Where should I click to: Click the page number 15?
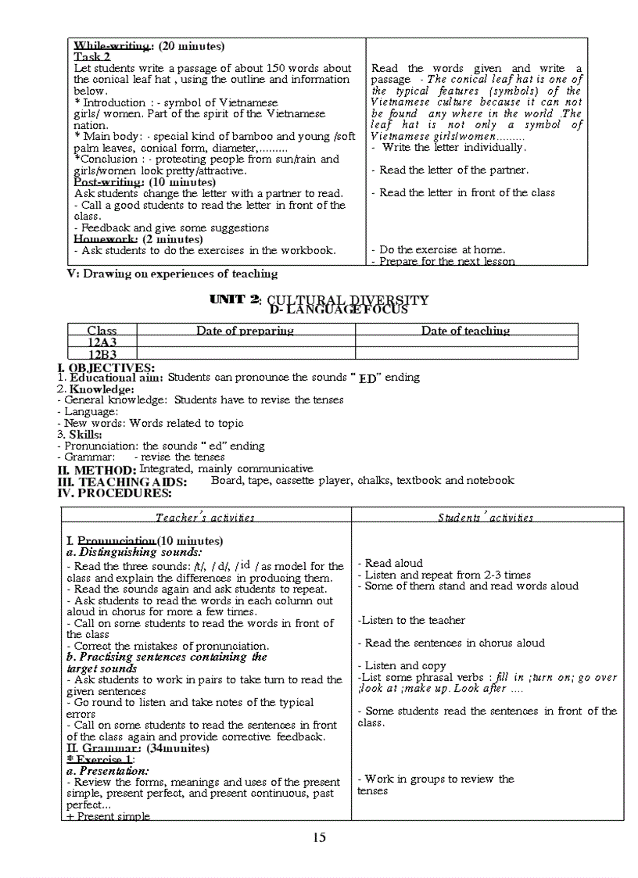click(x=319, y=837)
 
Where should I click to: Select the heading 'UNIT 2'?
click(x=235, y=299)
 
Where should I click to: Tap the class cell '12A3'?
click(x=102, y=342)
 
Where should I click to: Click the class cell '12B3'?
click(x=102, y=354)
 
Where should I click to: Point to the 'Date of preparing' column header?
click(x=245, y=331)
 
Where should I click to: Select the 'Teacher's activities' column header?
click(x=205, y=517)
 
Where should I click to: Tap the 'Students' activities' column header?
click(x=486, y=517)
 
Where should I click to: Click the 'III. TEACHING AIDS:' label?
click(x=121, y=482)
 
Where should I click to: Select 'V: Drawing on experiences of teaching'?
click(x=172, y=274)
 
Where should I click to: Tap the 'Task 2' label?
click(x=92, y=57)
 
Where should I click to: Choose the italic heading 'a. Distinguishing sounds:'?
click(x=134, y=552)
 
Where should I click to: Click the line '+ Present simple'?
click(x=108, y=816)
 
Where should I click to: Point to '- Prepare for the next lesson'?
click(x=443, y=262)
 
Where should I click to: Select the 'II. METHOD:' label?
click(x=97, y=471)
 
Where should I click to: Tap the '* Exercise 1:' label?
click(x=101, y=759)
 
